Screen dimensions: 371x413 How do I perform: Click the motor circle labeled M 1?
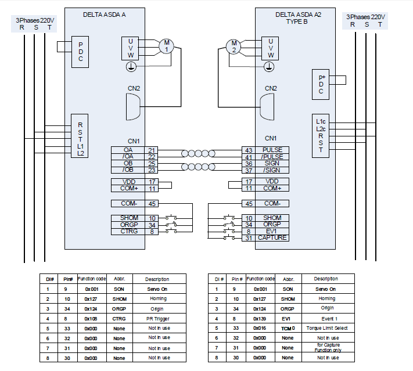tap(166, 46)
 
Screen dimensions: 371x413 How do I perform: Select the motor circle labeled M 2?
tap(234, 46)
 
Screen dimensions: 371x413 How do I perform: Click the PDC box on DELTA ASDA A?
tap(80, 51)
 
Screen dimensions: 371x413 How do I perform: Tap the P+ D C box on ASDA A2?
tap(320, 84)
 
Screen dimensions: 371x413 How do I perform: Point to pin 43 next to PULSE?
tap(248, 150)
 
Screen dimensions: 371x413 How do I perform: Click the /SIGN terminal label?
tap(272, 170)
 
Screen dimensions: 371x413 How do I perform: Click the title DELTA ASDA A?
tap(105, 15)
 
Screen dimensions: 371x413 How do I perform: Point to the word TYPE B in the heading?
tap(301, 21)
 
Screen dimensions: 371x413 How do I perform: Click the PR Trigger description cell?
tap(159, 318)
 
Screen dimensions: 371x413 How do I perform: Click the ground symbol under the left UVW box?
tap(131, 67)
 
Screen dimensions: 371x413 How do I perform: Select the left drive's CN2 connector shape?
tap(132, 107)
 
